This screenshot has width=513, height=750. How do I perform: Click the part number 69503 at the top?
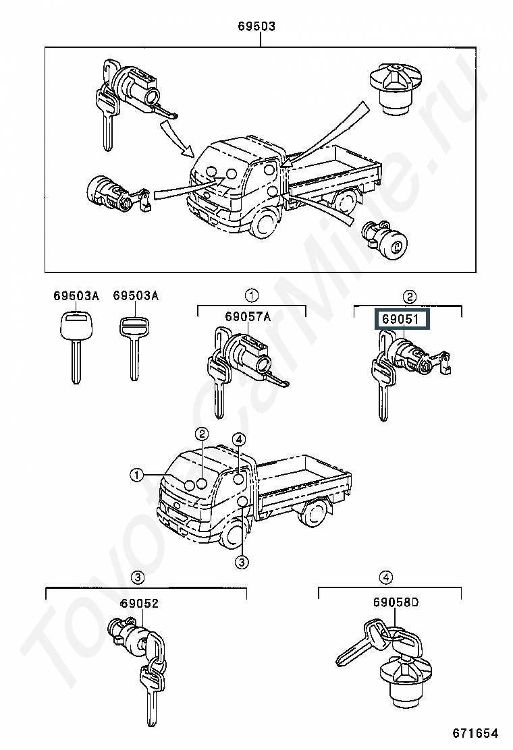click(257, 26)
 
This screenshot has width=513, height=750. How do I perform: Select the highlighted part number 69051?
click(400, 319)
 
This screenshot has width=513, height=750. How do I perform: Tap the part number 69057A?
click(248, 316)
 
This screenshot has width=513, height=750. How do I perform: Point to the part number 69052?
click(139, 604)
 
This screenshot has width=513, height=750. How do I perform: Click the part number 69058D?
click(396, 602)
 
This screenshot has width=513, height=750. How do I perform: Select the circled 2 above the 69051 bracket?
click(410, 297)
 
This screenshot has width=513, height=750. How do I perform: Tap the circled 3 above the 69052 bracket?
click(137, 577)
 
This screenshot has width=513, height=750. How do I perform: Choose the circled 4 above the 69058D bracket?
click(386, 577)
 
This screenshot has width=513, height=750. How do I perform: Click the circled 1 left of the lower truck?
click(137, 475)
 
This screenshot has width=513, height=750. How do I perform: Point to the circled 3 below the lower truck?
click(242, 562)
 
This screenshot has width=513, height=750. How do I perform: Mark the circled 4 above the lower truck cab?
click(239, 439)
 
